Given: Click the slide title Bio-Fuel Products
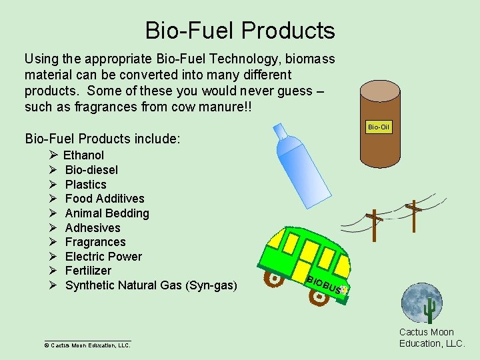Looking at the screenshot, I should coord(240,31).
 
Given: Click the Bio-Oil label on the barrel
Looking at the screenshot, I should coord(379,127).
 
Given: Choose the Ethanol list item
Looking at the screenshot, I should coord(83,155).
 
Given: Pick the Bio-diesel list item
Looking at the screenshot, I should coord(91,170).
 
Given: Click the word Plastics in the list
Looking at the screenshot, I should coord(85,185).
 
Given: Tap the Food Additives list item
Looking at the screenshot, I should coord(105,199).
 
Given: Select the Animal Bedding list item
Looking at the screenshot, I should coord(107,213).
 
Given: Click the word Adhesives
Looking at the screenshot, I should coord(93,228).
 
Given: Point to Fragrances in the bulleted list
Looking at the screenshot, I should coord(95,242).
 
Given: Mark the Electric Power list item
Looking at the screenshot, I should coord(103,257).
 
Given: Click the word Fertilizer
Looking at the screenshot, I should coord(88,271).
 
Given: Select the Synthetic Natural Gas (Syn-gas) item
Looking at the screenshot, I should coord(151,285).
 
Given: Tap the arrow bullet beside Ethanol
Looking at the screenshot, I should coord(53,155).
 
